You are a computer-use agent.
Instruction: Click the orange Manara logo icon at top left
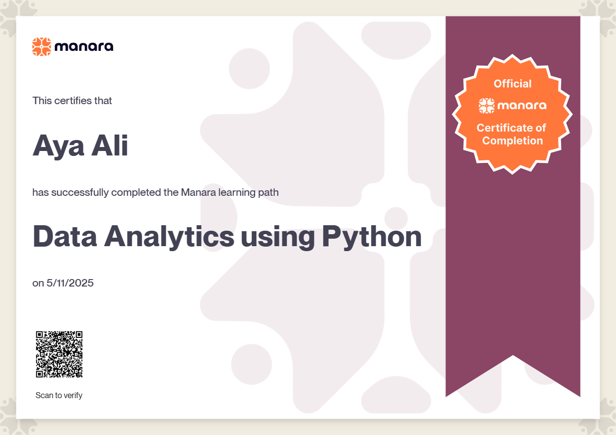pos(41,47)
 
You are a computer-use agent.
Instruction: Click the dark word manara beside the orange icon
pos(84,47)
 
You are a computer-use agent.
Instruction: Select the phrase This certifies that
pos(72,101)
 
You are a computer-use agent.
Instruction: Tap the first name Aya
pos(58,146)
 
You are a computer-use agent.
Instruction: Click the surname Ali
pos(109,145)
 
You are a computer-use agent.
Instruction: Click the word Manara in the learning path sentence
pos(199,192)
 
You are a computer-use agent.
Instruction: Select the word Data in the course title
pos(65,236)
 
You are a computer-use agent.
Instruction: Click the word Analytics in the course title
pos(169,237)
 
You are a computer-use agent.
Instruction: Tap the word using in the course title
pos(278,238)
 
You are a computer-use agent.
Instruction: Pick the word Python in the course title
pos(372,237)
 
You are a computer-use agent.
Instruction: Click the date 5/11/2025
pos(70,283)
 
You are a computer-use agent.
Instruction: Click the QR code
pos(59,354)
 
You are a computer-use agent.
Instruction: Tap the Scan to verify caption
pos(59,395)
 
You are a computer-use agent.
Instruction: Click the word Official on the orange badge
pos(513,84)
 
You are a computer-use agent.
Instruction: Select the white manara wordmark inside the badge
pos(522,106)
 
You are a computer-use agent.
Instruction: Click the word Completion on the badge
pos(513,141)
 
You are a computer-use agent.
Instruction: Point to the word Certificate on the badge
pos(505,128)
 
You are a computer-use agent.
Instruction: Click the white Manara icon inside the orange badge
pos(486,106)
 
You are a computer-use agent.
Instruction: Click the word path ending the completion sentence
pos(268,193)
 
